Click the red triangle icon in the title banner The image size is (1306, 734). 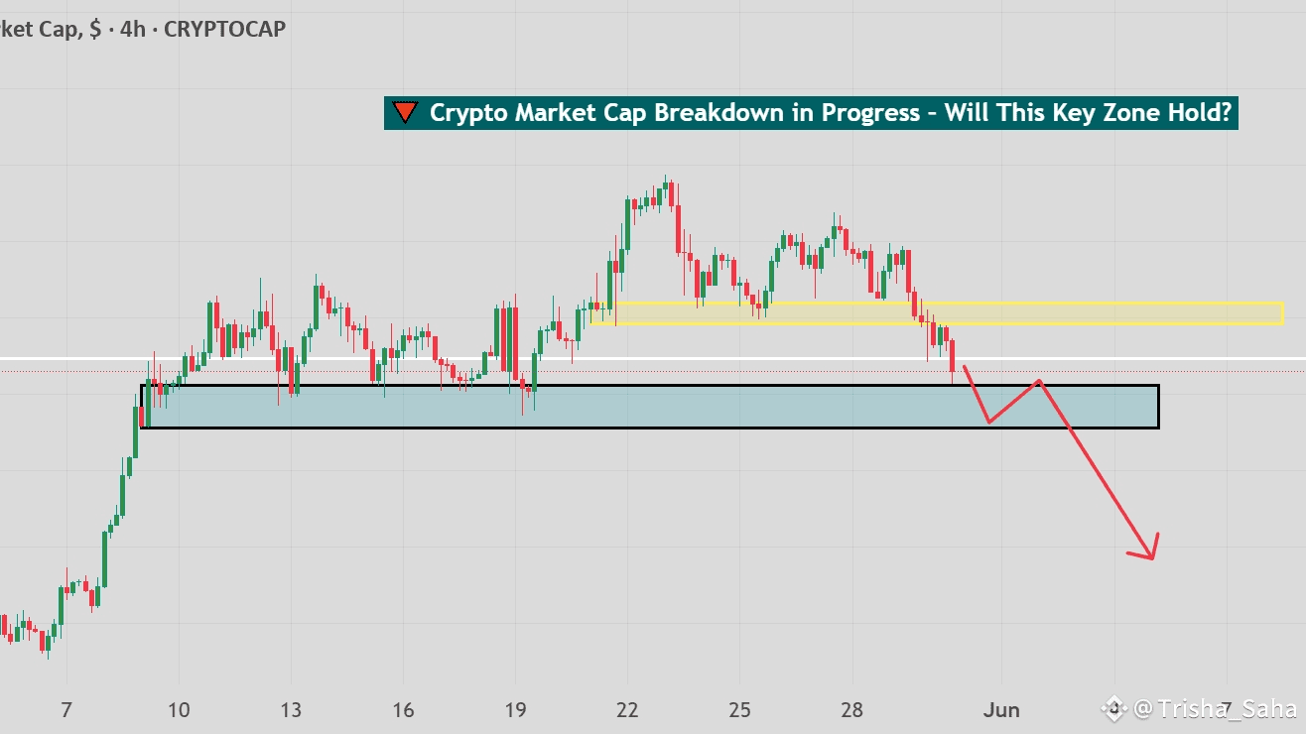404,113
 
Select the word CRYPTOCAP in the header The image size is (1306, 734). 224,29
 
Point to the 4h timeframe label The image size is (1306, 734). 132,29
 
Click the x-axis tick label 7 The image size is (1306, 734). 66,710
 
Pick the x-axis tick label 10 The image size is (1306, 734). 179,710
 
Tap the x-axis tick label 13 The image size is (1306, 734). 291,710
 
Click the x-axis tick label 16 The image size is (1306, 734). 403,710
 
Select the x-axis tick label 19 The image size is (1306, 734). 515,710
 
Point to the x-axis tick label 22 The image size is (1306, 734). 627,710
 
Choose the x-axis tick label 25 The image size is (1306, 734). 739,710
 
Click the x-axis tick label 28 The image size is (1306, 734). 851,710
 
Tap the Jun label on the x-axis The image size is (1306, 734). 1001,710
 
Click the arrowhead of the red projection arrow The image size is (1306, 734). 1149,551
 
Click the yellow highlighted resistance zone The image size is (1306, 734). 1092,313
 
